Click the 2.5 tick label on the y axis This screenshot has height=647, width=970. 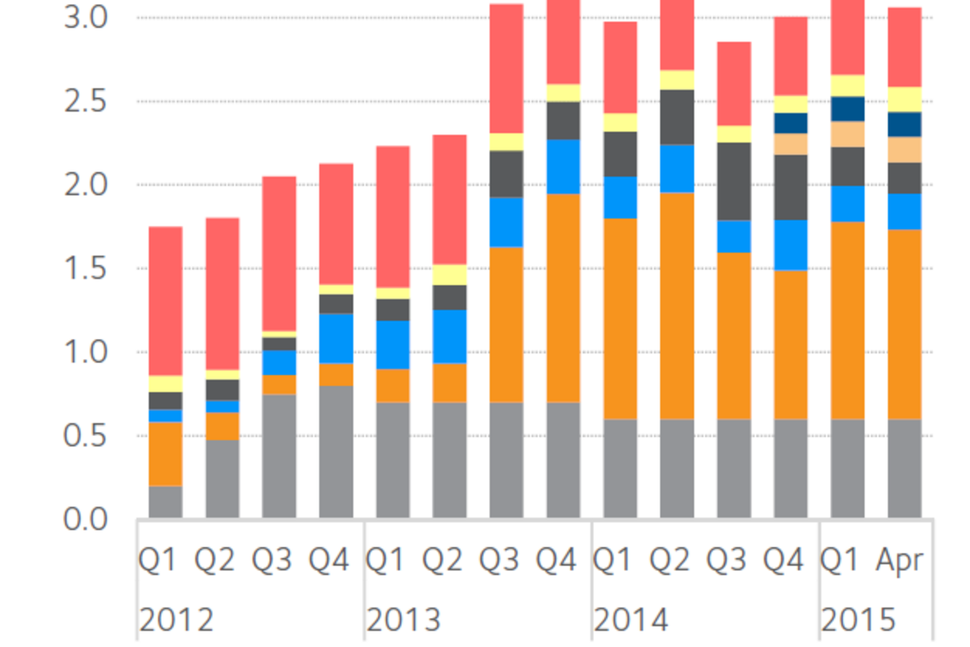86,102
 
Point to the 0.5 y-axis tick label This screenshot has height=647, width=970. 86,437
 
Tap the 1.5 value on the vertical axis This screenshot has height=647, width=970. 86,269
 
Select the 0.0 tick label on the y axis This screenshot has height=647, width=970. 86,520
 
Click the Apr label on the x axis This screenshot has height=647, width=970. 900,560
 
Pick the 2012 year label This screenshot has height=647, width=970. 176,620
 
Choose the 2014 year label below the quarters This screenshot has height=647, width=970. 631,620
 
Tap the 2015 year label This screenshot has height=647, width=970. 858,620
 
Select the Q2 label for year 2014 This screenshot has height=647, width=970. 677,560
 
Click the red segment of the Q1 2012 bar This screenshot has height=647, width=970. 166,301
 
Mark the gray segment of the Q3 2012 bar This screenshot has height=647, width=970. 279,456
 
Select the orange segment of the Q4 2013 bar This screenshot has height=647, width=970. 563,298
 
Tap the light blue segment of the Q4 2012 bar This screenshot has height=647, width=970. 336,338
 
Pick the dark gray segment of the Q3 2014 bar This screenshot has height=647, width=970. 734,181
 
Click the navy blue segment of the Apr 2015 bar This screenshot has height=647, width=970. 905,125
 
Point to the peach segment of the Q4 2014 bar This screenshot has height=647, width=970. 791,144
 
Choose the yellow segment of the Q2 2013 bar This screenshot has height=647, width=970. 449,275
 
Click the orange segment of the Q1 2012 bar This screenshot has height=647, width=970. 166,454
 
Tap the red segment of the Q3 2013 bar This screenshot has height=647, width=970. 507,69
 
